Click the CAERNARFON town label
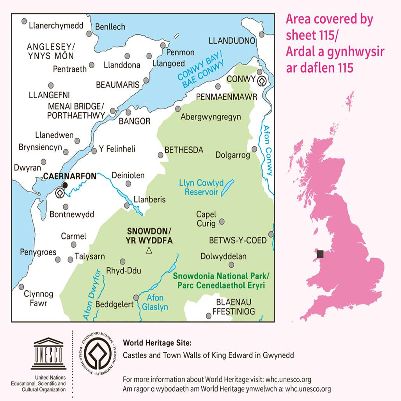click(x=69, y=176)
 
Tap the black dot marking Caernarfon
click(x=65, y=185)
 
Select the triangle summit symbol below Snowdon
click(x=149, y=251)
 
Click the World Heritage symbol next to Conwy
click(x=262, y=81)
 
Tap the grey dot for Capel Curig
click(x=222, y=222)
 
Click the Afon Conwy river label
click(x=268, y=150)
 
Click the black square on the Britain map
click(x=320, y=254)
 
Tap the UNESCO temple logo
click(x=48, y=354)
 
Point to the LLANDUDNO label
click(x=232, y=41)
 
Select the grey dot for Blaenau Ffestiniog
click(x=208, y=316)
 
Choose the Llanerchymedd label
click(x=56, y=26)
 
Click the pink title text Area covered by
click(x=329, y=20)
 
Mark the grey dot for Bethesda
click(x=161, y=155)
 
